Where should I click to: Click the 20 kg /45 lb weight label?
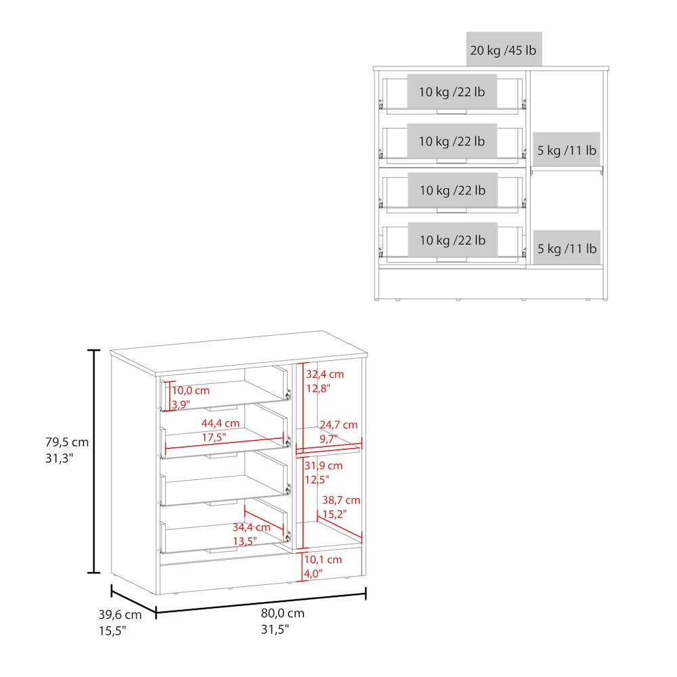[x=504, y=50]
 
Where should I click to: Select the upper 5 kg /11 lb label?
[x=567, y=150]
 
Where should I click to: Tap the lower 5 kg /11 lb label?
[x=567, y=248]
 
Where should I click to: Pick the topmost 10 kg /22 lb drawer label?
[x=452, y=91]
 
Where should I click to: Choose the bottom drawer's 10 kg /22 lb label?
[x=452, y=240]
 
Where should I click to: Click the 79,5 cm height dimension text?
[x=67, y=442]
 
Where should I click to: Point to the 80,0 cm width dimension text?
[x=282, y=613]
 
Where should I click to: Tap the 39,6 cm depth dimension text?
[x=120, y=615]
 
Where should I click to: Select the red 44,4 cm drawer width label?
[x=220, y=423]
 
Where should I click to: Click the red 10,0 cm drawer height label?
[x=191, y=391]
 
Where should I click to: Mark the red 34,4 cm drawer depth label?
[x=251, y=527]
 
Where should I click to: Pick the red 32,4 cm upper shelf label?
[x=325, y=374]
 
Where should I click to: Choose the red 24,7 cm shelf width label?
[x=338, y=425]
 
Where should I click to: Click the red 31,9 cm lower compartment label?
[x=324, y=466]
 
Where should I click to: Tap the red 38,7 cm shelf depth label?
[x=341, y=500]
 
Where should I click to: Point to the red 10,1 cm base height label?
[x=323, y=560]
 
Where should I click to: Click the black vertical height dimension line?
[x=93, y=461]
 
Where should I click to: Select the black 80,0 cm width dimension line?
[x=261, y=603]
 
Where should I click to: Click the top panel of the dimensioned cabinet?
[x=239, y=352]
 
